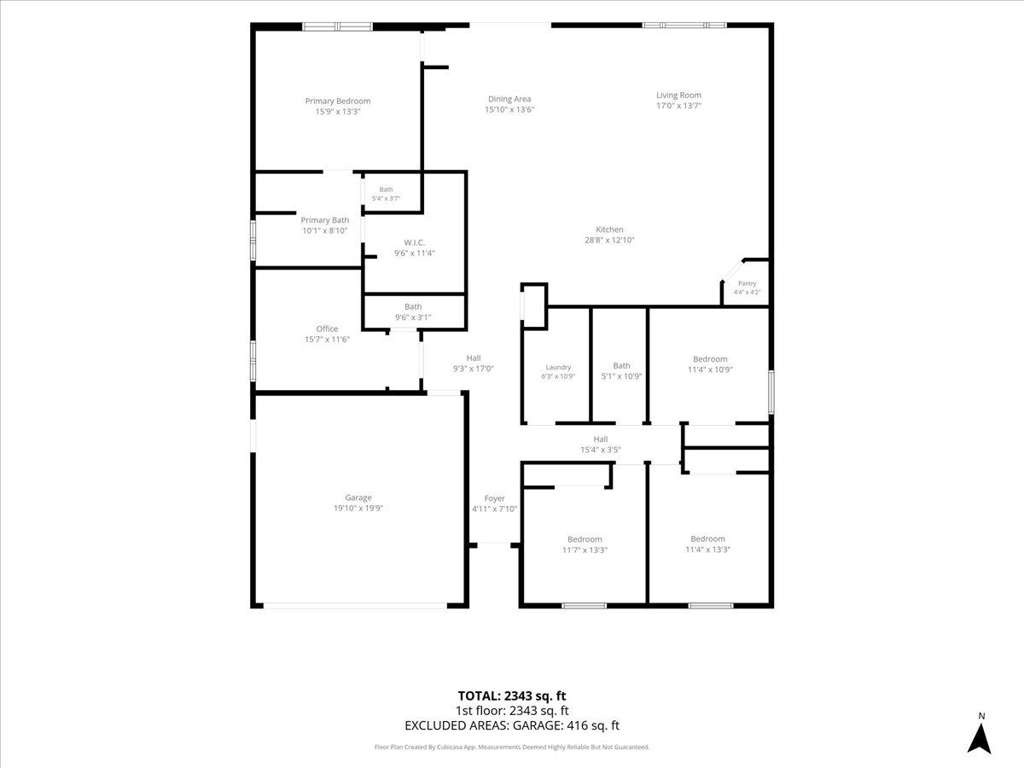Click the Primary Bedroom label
(337, 102)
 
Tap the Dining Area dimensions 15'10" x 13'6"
(509, 109)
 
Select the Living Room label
(678, 95)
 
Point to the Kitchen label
(609, 230)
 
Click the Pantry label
(747, 283)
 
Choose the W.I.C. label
(414, 242)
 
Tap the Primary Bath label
(325, 220)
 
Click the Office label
(327, 329)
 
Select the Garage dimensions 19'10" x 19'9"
(358, 509)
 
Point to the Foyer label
(494, 498)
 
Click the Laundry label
(558, 368)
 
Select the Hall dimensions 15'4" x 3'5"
(601, 450)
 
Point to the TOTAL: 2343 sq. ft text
(512, 696)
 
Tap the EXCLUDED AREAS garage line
(512, 725)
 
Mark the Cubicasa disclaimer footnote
(512, 747)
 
